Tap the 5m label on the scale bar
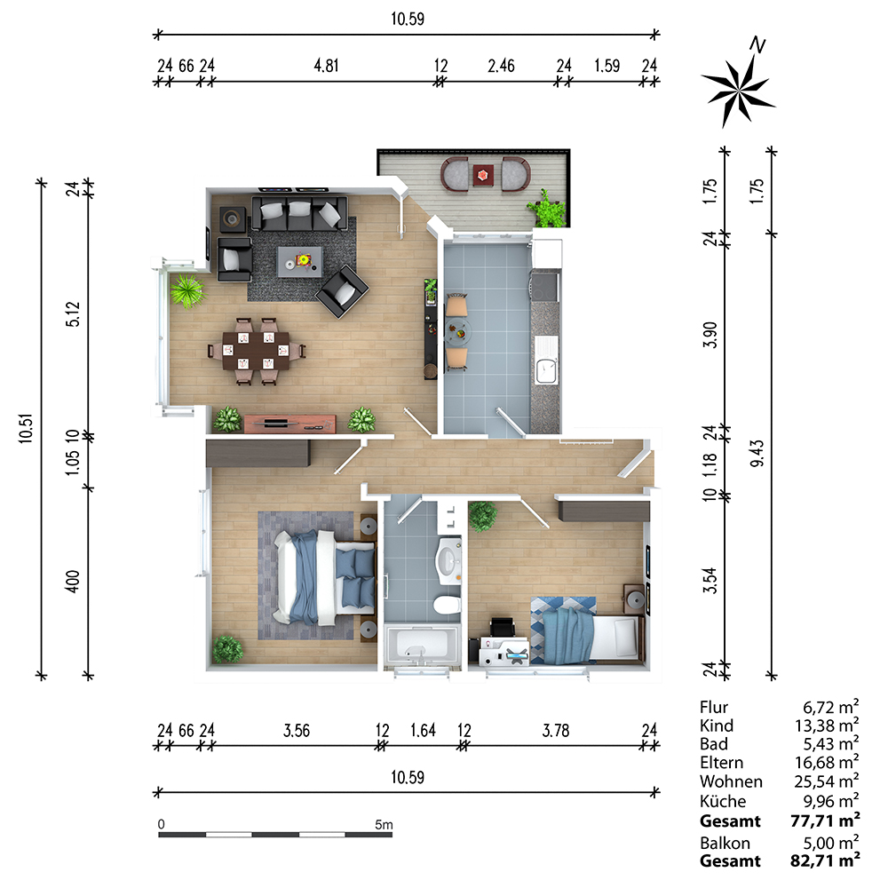pos(384,825)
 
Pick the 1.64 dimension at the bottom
pos(423,731)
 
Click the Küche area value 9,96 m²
pos(828,800)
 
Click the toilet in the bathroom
pos(445,607)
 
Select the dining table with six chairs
pos(257,349)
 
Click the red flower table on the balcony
pos(482,175)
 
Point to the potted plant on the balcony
pos(546,211)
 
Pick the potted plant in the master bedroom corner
pos(227,648)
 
